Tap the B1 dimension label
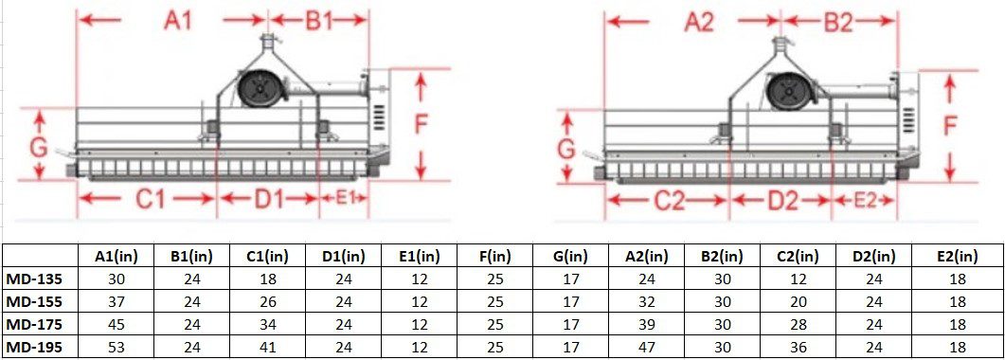click(320, 21)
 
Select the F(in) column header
click(492, 256)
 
